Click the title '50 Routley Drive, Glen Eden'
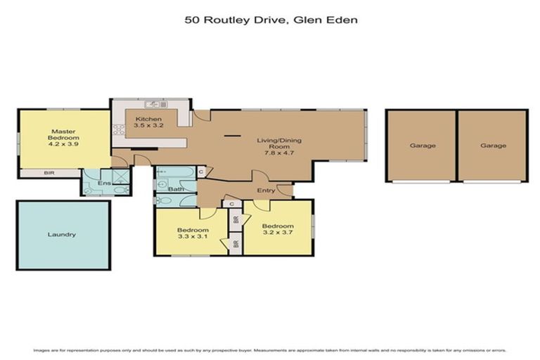point(271,20)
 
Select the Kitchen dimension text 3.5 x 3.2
point(148,126)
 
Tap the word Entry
point(266,191)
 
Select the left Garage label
point(423,146)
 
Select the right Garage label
point(493,146)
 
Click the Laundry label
point(62,234)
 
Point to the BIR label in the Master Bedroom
point(49,172)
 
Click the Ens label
point(105,184)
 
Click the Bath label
point(175,188)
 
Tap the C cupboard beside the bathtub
point(200,172)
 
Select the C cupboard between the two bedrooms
point(231,203)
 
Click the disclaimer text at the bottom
point(270,349)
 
